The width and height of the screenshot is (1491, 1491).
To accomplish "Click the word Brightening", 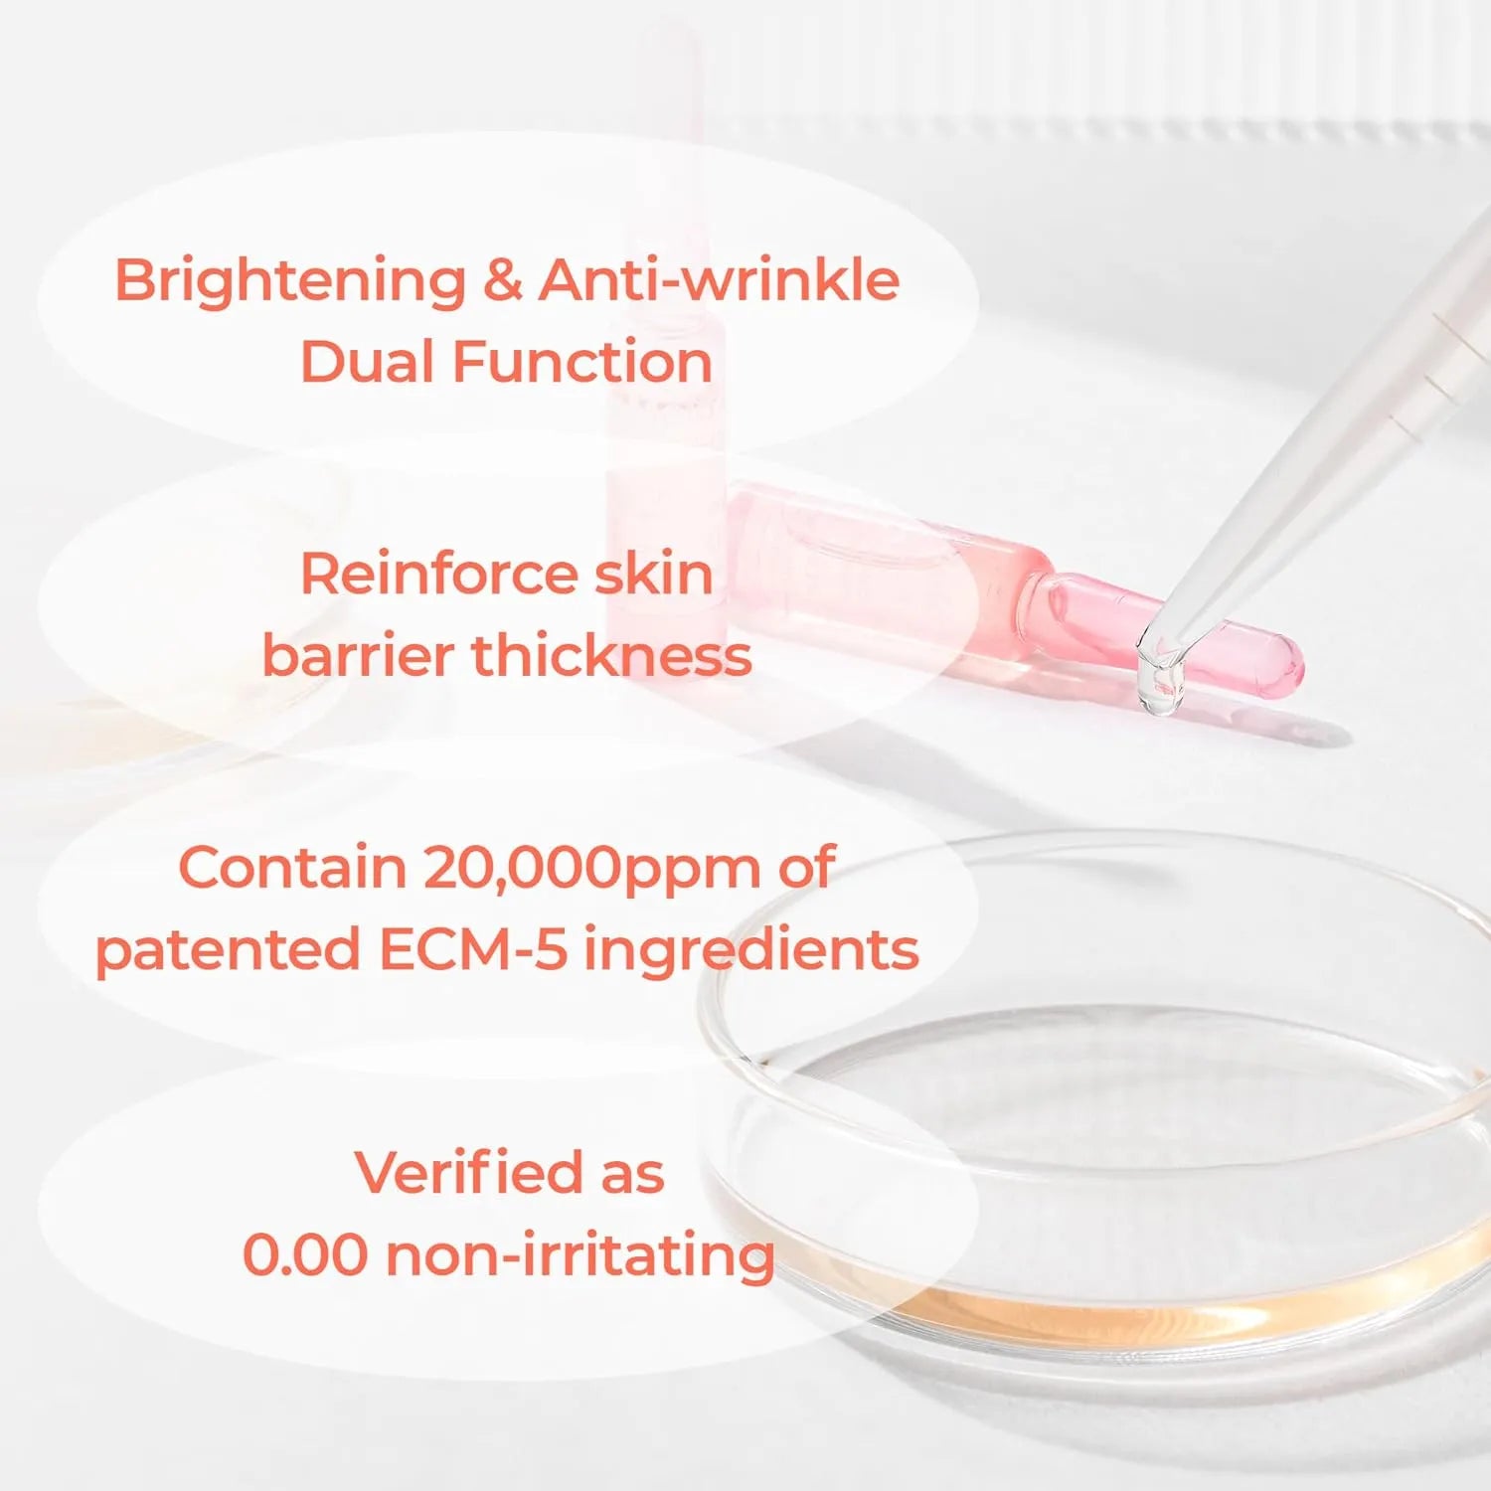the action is [290, 281].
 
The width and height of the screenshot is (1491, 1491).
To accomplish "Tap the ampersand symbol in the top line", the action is [503, 279].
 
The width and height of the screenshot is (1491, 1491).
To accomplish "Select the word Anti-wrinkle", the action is [719, 279].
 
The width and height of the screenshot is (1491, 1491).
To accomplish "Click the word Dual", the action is [367, 361].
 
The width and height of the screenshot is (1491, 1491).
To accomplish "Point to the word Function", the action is [582, 361].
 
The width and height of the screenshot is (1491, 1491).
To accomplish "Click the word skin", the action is [653, 574].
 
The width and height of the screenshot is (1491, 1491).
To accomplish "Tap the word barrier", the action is [358, 656].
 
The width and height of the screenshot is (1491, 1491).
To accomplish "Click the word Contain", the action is [293, 868].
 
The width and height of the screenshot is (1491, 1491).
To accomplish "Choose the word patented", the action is [228, 951].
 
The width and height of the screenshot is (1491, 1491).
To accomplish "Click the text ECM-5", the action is [472, 949].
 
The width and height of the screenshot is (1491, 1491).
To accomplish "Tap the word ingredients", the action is [751, 951].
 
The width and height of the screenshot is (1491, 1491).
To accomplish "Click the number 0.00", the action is [305, 1254].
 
